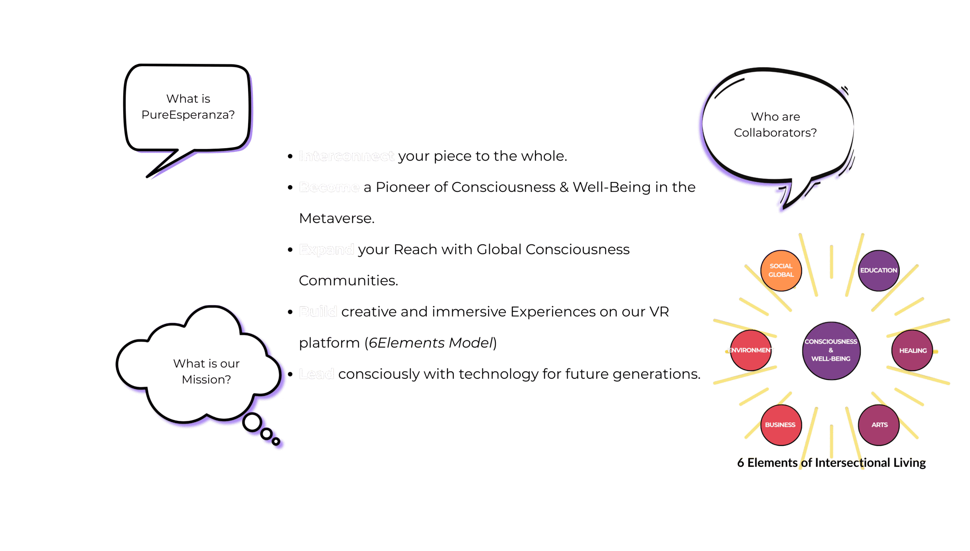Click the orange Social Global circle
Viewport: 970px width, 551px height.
click(x=781, y=270)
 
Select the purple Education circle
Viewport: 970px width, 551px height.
click(x=878, y=270)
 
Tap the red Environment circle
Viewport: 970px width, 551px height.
click(x=751, y=350)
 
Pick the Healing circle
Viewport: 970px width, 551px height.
click(x=912, y=351)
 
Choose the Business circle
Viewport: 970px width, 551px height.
click(x=781, y=425)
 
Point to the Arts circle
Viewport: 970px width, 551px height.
click(x=879, y=425)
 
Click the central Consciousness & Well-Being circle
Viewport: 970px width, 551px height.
click(x=831, y=350)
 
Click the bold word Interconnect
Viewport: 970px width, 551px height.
click(x=346, y=156)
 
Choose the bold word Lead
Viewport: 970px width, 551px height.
click(x=316, y=374)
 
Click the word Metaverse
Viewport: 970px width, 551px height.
click(x=336, y=219)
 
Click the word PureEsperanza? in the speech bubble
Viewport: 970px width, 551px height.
click(x=188, y=115)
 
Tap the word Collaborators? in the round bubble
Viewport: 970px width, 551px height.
click(x=775, y=133)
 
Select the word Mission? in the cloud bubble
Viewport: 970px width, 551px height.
click(x=206, y=379)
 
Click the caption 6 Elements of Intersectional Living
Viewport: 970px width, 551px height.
click(x=831, y=463)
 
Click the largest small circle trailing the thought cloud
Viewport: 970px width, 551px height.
click(x=252, y=422)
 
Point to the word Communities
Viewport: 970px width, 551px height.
click(x=348, y=281)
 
